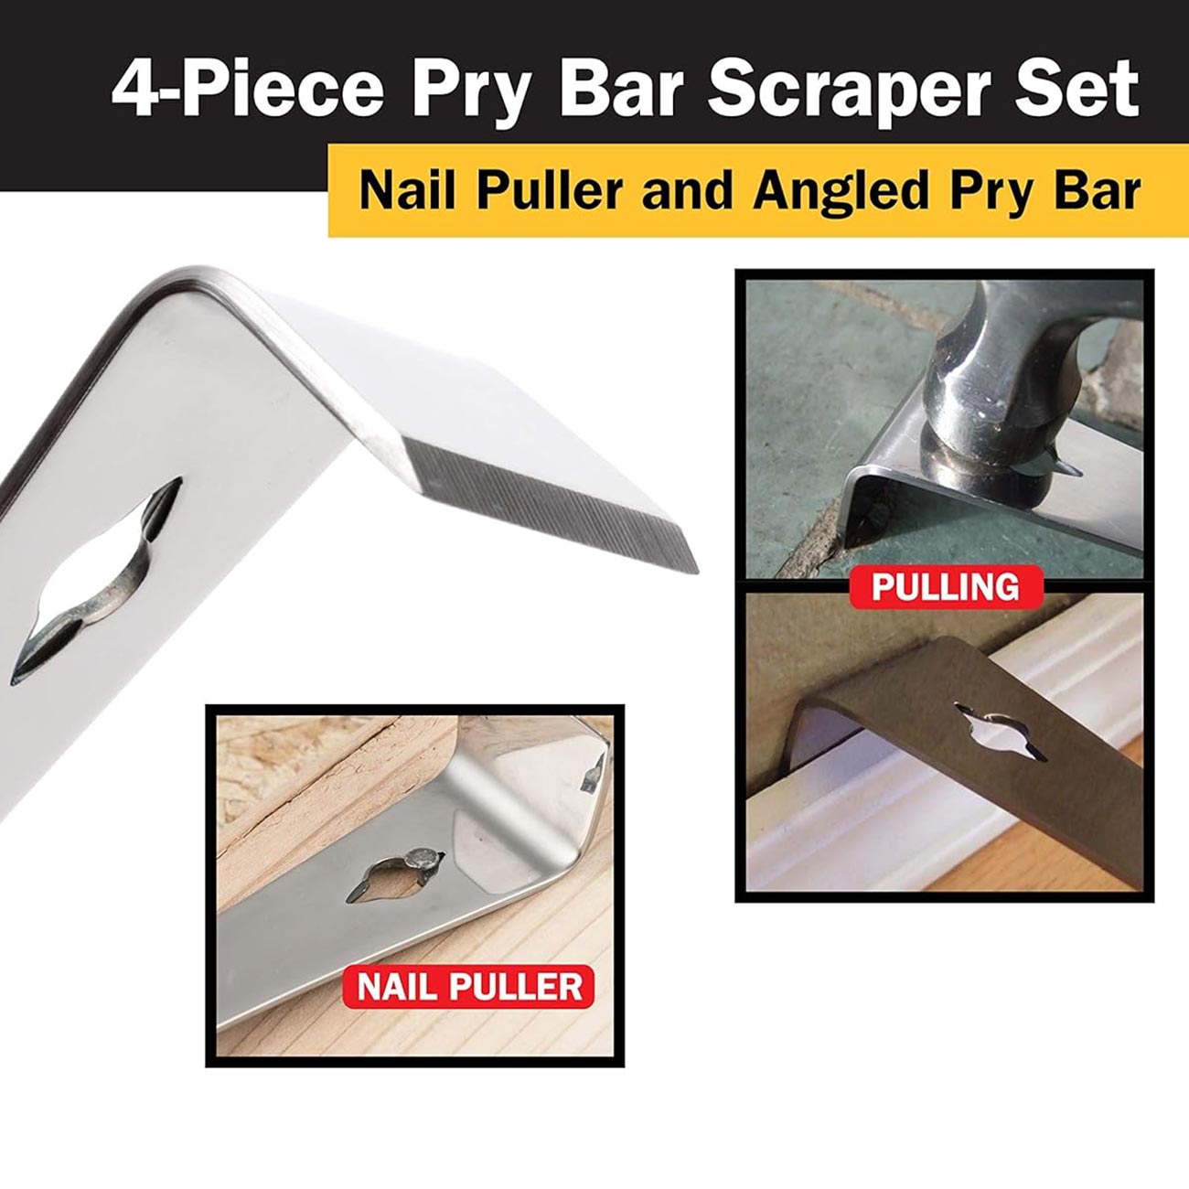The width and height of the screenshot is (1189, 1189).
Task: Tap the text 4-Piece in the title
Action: point(248,89)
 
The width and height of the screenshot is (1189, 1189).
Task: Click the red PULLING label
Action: point(946,586)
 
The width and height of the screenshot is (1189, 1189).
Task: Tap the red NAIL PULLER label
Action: point(469,986)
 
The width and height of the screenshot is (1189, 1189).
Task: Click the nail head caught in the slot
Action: point(423,857)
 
